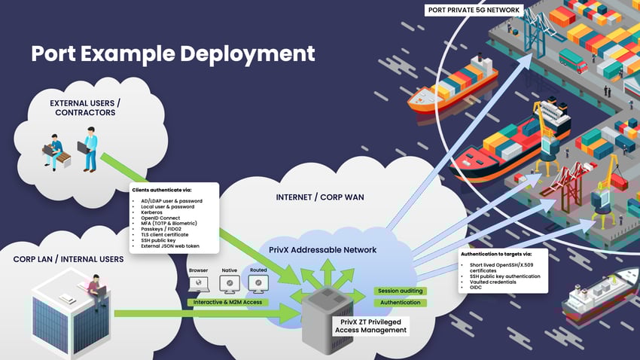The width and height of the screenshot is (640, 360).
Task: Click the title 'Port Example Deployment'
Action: [172, 53]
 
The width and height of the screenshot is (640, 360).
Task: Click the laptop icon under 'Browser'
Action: [199, 284]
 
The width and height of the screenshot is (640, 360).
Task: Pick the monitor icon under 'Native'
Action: [229, 284]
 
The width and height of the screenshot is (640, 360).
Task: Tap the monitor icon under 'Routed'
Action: [258, 284]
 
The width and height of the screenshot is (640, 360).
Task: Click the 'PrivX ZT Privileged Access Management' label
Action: [371, 325]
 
